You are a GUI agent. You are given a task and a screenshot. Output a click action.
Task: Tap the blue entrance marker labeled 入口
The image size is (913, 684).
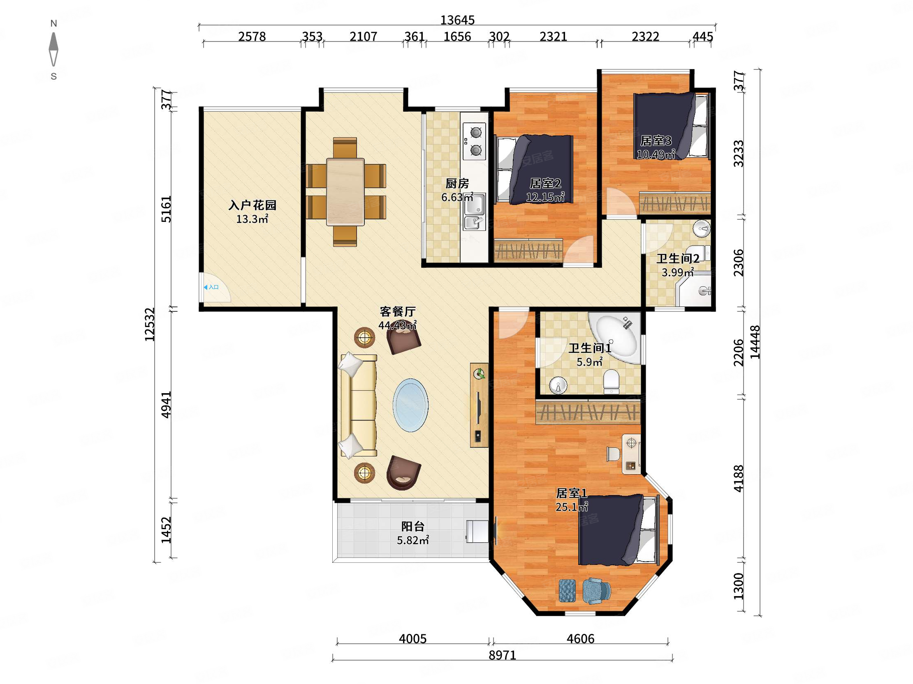click(211, 288)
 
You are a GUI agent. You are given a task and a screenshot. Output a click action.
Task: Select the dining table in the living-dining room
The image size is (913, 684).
click(345, 192)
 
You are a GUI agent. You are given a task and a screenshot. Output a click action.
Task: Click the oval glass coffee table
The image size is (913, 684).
click(410, 405)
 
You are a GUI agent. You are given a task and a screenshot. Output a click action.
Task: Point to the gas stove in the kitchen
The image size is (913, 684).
click(474, 141)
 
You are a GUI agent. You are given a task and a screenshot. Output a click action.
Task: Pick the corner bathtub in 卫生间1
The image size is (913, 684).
click(615, 339)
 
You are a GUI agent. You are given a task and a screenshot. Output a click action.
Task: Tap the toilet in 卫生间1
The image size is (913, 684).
click(611, 382)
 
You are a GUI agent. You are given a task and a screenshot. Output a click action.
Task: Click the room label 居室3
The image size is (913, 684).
click(656, 141)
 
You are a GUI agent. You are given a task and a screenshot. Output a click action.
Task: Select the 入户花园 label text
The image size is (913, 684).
click(252, 205)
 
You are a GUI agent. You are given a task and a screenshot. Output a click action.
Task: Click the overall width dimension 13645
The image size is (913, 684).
click(457, 20)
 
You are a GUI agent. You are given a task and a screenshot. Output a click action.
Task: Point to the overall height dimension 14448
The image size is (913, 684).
click(755, 342)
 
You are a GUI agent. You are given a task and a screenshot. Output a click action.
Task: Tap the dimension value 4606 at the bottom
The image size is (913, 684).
click(580, 639)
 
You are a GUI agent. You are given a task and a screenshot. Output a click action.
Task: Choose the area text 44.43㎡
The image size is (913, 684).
click(397, 325)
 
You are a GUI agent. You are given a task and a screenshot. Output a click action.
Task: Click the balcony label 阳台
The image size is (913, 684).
click(413, 527)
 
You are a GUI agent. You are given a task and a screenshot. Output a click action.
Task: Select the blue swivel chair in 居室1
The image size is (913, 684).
click(596, 590)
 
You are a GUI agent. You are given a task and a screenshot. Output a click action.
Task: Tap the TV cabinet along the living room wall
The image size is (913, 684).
click(479, 405)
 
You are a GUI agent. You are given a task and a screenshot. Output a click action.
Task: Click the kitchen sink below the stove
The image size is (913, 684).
click(475, 211)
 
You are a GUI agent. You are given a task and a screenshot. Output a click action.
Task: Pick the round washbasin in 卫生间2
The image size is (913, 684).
click(701, 228)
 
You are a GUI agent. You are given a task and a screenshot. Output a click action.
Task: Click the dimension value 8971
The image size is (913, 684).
click(502, 655)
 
